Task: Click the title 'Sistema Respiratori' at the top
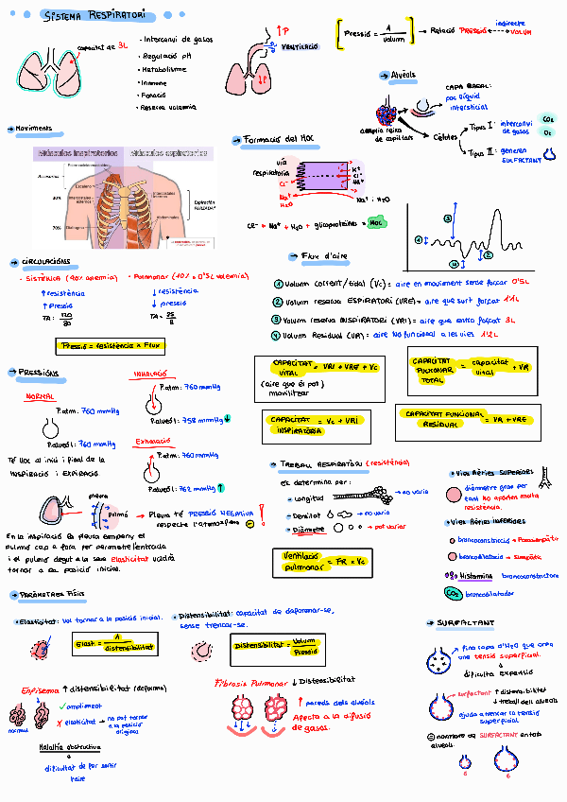click(94, 16)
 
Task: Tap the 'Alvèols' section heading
click(404, 76)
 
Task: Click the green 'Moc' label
click(376, 223)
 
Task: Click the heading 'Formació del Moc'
click(279, 139)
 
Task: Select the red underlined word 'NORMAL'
click(40, 397)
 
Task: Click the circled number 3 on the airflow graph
click(448, 218)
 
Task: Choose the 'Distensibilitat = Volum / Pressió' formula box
click(276, 647)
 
